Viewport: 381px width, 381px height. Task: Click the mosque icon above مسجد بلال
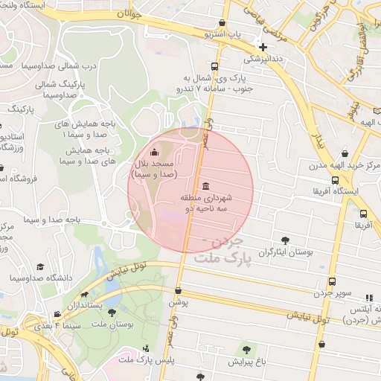tap(154, 153)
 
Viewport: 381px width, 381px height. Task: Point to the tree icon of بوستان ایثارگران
tap(285, 240)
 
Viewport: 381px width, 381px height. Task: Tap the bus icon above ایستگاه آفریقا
tap(336, 180)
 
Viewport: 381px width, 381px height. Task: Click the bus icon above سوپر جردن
tap(331, 281)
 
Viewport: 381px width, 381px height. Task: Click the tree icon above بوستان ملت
tap(112, 313)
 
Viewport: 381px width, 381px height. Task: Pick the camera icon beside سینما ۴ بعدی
tap(58, 315)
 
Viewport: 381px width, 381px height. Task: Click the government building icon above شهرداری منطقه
tap(205, 185)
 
